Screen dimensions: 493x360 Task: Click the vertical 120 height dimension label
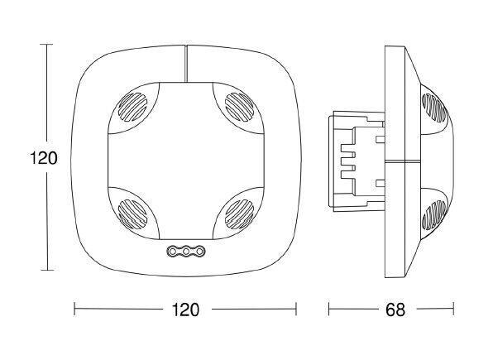pyautogui.click(x=44, y=158)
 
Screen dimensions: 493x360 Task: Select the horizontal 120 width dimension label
pyautogui.click(x=185, y=310)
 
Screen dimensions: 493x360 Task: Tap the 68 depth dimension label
pyautogui.click(x=395, y=310)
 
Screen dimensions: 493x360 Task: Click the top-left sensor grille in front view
pyautogui.click(x=132, y=107)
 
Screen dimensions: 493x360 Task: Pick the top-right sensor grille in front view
pyautogui.click(x=240, y=107)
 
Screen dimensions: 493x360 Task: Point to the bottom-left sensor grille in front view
pyautogui.click(x=132, y=214)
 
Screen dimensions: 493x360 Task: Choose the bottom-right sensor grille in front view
pyautogui.click(x=240, y=214)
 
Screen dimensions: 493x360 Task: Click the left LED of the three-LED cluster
pyautogui.click(x=172, y=252)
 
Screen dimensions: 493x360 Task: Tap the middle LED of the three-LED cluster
pyautogui.click(x=186, y=252)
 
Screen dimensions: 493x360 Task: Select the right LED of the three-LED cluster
pyautogui.click(x=199, y=252)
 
